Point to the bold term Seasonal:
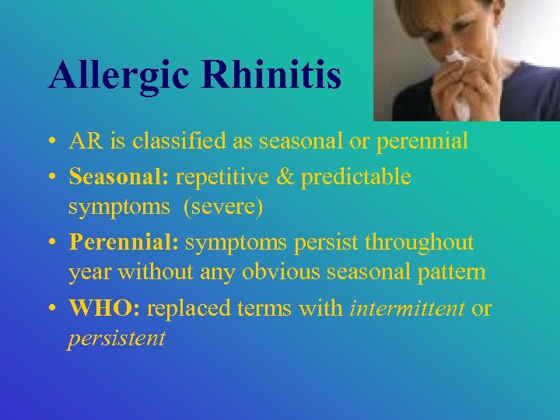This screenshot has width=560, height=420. [x=119, y=177]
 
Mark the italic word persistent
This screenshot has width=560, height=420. [x=117, y=339]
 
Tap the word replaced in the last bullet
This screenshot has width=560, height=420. [x=187, y=308]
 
